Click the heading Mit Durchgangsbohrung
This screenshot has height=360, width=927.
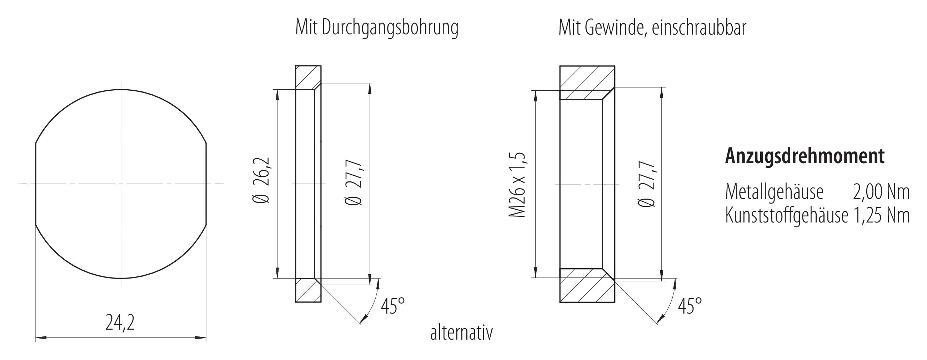click(x=376, y=28)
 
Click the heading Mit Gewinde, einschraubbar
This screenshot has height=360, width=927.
click(x=652, y=28)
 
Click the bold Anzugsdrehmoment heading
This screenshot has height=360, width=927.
click(x=804, y=156)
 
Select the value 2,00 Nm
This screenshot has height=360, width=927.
click(x=881, y=192)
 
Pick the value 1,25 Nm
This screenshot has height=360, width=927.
click(x=881, y=216)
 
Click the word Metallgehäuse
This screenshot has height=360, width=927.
click(x=774, y=192)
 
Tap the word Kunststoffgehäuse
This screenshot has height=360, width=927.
click(x=787, y=216)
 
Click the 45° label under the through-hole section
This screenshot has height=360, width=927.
click(x=392, y=306)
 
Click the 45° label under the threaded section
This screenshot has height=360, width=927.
click(x=690, y=306)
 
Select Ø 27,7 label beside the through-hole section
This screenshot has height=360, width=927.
click(x=354, y=184)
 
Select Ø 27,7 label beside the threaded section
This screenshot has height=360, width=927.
click(x=647, y=184)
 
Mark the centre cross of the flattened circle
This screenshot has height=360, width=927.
click(x=121, y=184)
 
